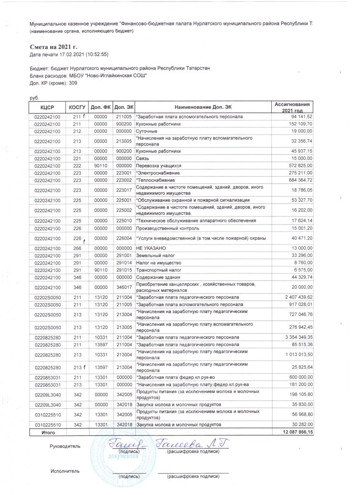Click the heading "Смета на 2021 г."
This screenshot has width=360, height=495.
[x=54, y=47]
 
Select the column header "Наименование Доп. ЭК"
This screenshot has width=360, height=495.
[x=203, y=107]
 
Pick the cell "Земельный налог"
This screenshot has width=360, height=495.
[x=153, y=255]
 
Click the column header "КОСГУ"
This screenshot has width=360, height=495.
[x=76, y=107]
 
